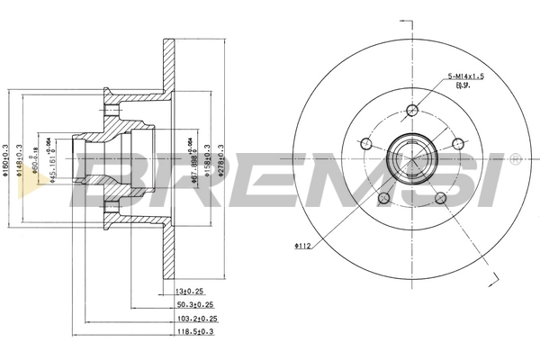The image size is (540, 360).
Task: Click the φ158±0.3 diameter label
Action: coord(208,162)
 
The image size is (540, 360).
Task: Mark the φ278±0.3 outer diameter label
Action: coord(220,162)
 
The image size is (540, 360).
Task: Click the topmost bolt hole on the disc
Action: coord(413,110)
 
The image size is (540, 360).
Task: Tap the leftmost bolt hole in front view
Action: coord(366,144)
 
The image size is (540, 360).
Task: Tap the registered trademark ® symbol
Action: coord(514,159)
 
